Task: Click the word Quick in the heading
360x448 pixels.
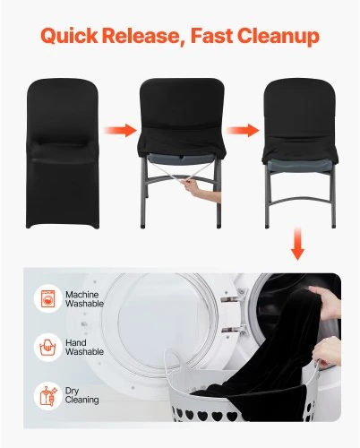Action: tap(69, 36)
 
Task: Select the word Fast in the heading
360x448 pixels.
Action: tap(211, 36)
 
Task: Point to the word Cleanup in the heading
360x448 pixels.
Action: tap(279, 37)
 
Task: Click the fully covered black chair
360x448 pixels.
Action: tap(63, 153)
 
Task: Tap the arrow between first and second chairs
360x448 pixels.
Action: tap(120, 130)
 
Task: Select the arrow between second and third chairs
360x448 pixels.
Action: tap(243, 130)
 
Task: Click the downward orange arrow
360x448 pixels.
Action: tap(297, 244)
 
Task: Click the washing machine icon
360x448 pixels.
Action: tap(47, 298)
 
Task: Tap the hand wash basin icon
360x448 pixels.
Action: tap(47, 348)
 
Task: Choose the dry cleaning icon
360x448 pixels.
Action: tap(47, 396)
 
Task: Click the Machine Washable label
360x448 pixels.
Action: tap(84, 299)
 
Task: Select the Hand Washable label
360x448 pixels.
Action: tap(84, 347)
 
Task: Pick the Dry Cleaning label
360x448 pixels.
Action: tap(82, 395)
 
